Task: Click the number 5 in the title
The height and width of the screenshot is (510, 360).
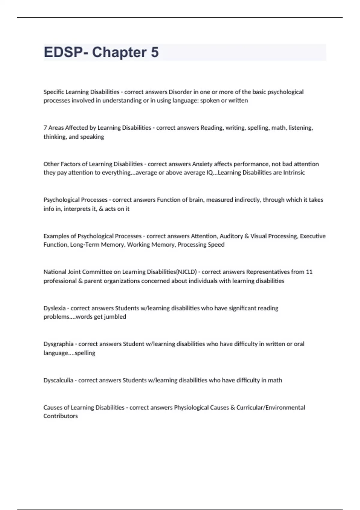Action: [154, 52]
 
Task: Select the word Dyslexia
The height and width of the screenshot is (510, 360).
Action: [54, 308]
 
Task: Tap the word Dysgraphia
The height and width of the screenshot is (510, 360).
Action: [58, 344]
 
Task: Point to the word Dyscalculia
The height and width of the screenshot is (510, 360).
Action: [58, 380]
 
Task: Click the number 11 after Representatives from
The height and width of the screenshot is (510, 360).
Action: [309, 272]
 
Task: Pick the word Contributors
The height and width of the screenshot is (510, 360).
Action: [61, 416]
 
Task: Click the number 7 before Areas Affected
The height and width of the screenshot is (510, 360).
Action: [45, 128]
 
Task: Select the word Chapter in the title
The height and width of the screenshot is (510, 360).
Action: [119, 52]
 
